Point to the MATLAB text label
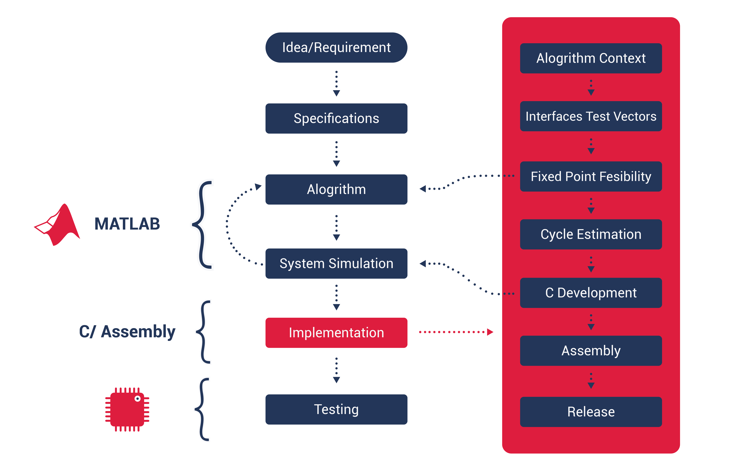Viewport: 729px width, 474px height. pos(127,224)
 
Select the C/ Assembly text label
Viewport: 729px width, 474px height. pos(127,332)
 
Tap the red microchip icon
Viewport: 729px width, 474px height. pos(127,409)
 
